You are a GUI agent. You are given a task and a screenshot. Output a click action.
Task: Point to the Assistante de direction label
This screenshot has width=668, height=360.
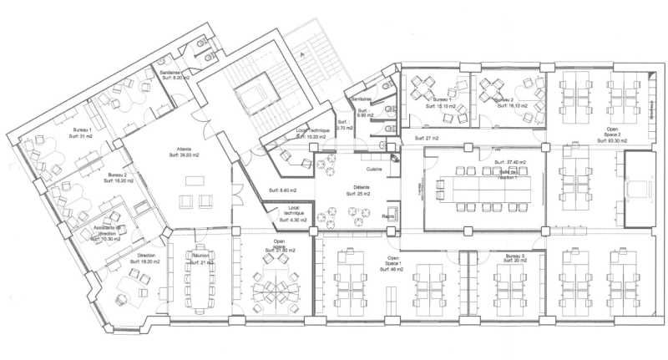click(x=107, y=233)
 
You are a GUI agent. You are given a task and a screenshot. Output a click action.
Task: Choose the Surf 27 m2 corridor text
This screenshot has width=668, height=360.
click(x=426, y=138)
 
